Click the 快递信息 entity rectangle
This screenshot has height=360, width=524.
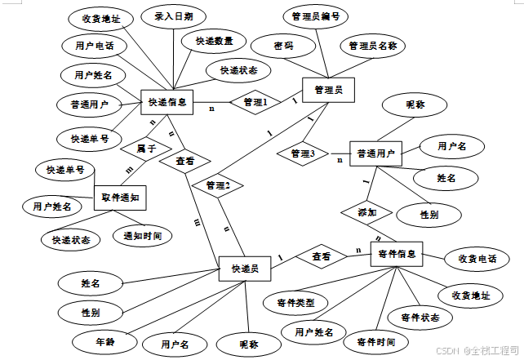pos(167,103)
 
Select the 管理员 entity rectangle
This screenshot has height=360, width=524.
pos(327,89)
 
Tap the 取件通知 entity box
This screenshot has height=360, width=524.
pos(119,198)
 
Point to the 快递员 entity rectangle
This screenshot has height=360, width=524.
pos(245,269)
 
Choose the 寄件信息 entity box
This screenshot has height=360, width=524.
pos(397,254)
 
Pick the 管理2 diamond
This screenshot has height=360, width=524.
pos(218,186)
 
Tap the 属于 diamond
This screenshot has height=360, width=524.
pos(146,149)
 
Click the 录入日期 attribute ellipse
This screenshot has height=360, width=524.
pos(173,17)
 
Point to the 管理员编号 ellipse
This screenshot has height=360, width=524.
pos(315,16)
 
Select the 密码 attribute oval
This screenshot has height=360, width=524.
pos(283,47)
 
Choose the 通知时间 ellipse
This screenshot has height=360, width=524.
pos(142,237)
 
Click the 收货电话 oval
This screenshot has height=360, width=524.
pos(478,259)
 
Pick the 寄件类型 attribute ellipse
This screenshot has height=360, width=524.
pos(295,303)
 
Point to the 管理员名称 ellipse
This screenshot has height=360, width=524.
pos(372,46)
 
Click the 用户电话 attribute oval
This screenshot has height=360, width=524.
pos(94,47)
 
